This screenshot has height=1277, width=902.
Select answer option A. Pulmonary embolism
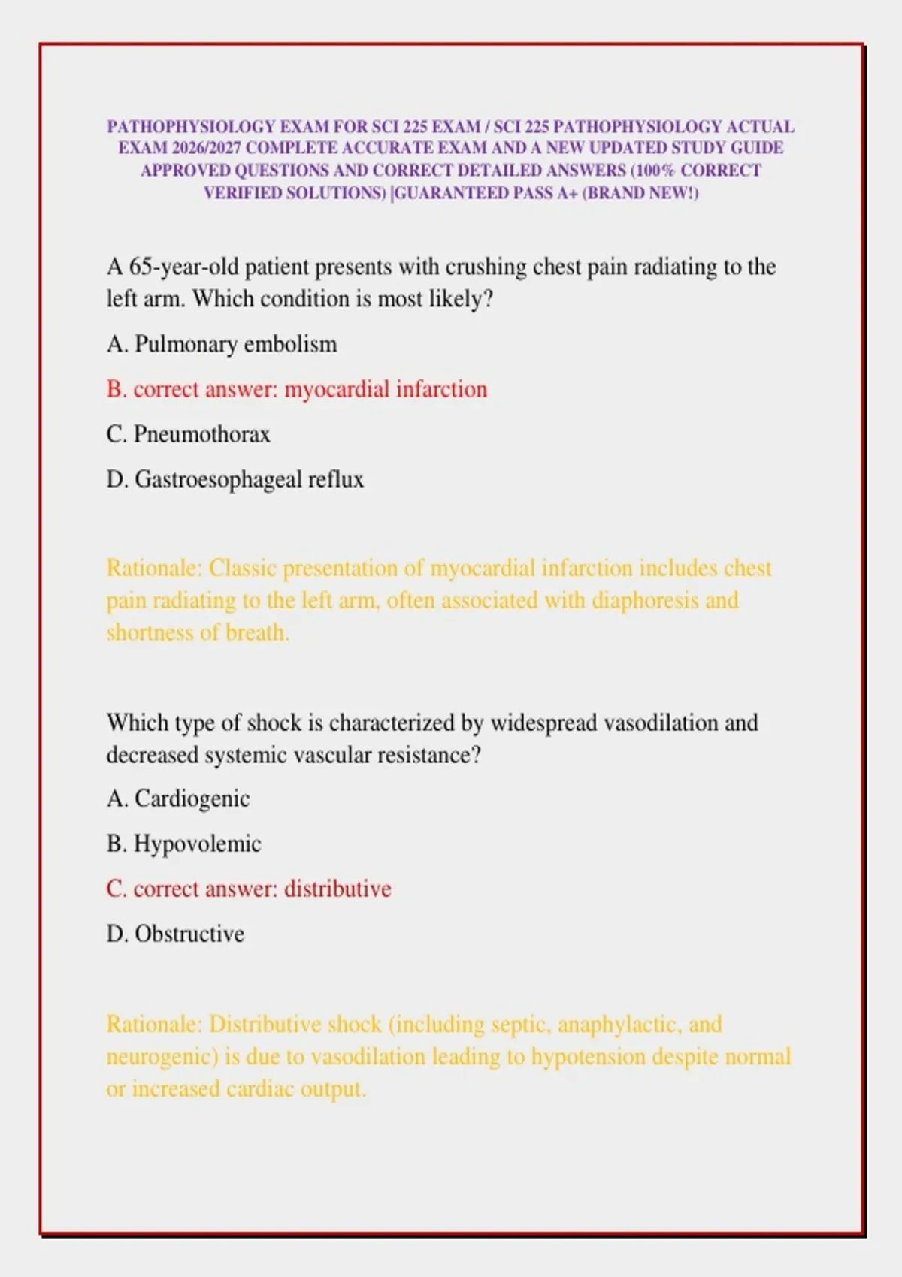pyautogui.click(x=222, y=344)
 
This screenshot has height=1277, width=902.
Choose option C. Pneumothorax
pyautogui.click(x=188, y=434)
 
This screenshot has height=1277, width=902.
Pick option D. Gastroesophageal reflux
pyautogui.click(x=235, y=479)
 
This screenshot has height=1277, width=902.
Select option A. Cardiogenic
pyautogui.click(x=178, y=799)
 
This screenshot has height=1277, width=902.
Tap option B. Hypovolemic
pyautogui.click(x=183, y=844)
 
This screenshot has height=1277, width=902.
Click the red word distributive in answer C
pyautogui.click(x=337, y=889)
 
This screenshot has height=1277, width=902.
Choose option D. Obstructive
pyautogui.click(x=175, y=934)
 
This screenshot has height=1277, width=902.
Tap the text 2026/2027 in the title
pyautogui.click(x=206, y=148)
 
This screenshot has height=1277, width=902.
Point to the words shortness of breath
pyautogui.click(x=198, y=632)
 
